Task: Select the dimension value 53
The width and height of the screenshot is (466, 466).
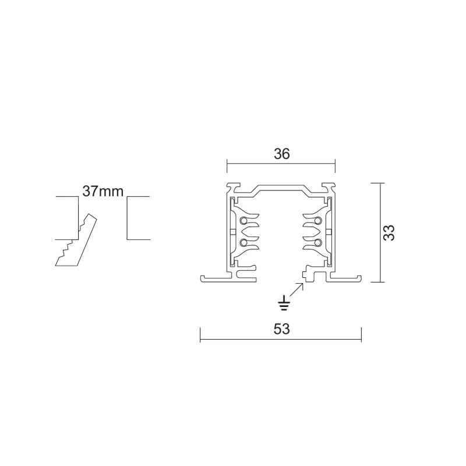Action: click(281, 329)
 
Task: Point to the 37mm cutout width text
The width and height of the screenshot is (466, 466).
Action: click(103, 192)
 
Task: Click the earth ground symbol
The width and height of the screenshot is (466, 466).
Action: click(284, 302)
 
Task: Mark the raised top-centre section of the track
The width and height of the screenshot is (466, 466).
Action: click(281, 189)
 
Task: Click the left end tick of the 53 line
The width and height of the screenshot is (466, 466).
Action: click(200, 334)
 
